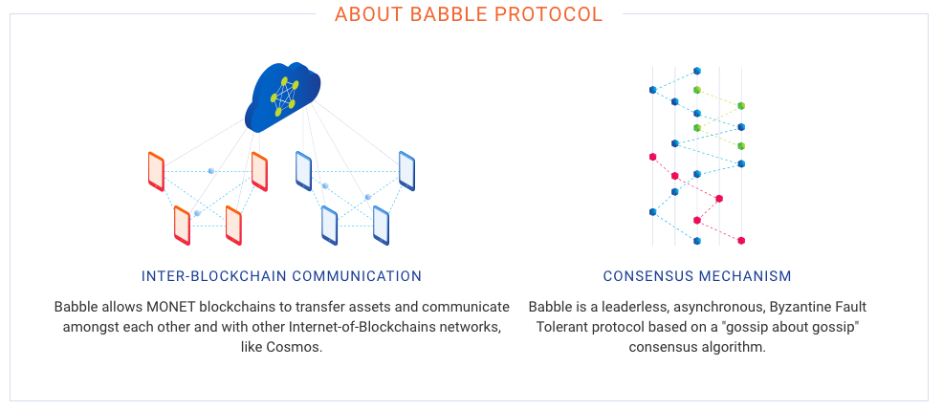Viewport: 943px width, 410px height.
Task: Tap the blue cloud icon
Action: (282, 97)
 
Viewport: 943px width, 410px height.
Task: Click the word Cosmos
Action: (300, 348)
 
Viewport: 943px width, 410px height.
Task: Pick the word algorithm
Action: (737, 348)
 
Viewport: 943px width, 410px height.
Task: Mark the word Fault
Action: (853, 307)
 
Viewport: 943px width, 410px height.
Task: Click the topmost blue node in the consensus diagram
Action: (697, 71)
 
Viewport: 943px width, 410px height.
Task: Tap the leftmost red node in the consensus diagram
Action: (652, 157)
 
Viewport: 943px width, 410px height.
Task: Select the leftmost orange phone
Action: (156, 171)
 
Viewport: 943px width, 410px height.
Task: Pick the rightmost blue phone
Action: (406, 171)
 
